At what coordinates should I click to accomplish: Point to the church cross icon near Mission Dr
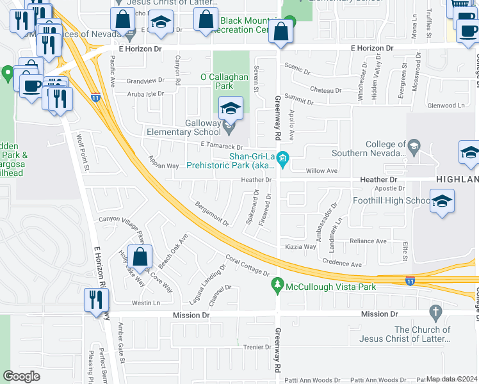coord(436,313)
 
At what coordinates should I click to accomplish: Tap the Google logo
coord(21,376)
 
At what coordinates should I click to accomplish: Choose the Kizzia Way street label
coord(301,246)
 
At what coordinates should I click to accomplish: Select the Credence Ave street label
coord(342,263)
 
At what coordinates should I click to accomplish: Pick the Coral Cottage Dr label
coord(247,265)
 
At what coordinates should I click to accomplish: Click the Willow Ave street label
coord(321,171)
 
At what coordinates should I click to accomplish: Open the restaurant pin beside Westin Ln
coord(97,300)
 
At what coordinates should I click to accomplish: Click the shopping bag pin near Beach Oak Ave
coord(140,257)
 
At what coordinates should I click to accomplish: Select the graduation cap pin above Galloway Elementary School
coord(231,108)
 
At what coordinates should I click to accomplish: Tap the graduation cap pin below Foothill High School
coord(442,202)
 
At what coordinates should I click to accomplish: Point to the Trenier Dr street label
coord(258,347)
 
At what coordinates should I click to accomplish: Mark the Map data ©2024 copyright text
coord(451,379)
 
